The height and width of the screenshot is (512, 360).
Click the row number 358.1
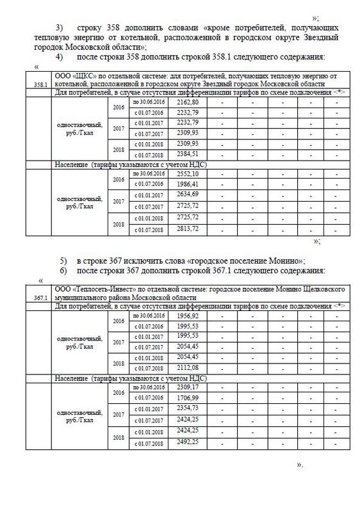(40, 84)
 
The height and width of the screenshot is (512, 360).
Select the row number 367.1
(40, 298)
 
